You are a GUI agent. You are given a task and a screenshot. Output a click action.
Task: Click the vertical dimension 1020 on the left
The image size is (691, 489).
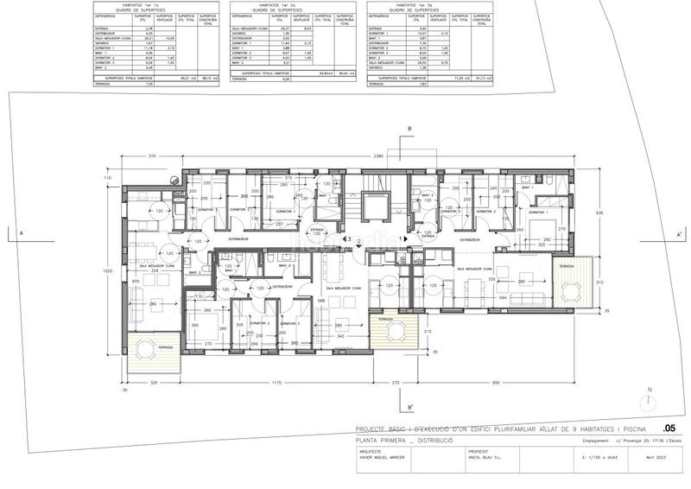click(x=107, y=270)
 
